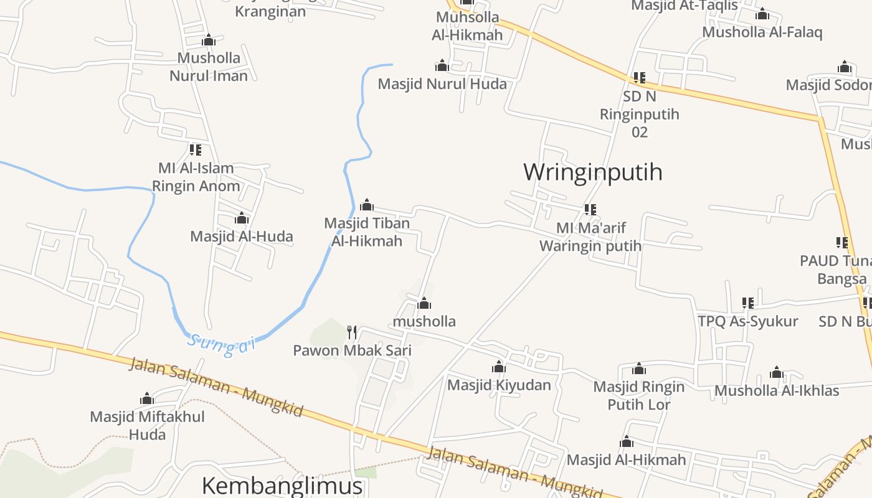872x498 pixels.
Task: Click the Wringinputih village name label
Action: [592, 172]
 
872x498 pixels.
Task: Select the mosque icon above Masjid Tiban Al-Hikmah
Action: [367, 205]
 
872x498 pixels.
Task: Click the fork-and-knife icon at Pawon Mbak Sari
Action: [352, 332]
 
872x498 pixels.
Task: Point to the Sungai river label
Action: [222, 345]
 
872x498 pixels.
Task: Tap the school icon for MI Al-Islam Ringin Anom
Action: [196, 150]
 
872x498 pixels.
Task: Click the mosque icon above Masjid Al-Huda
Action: [242, 218]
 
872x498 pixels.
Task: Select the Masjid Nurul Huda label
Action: [442, 83]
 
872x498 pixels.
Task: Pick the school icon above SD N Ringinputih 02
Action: [640, 78]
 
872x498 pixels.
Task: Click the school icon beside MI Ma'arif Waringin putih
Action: [590, 210]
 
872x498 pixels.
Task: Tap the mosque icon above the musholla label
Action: [424, 303]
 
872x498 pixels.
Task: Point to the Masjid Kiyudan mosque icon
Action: [499, 367]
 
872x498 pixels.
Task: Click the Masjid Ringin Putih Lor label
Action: [638, 395]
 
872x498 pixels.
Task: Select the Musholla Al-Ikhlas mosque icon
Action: [776, 373]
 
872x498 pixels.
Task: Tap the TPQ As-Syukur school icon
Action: [748, 303]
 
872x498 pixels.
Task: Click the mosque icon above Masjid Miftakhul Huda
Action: [147, 398]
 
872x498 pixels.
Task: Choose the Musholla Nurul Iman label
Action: [209, 67]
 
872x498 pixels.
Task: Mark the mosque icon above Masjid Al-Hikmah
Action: [627, 442]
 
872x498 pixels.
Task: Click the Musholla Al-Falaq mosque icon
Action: [762, 14]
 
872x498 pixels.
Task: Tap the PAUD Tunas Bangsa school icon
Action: [842, 243]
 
